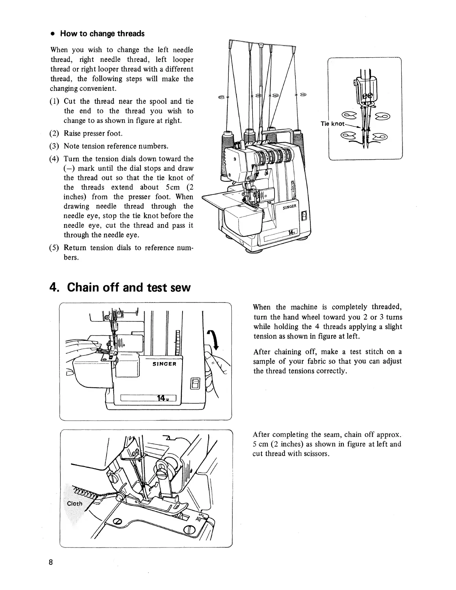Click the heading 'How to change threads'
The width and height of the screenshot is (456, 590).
pos(102,34)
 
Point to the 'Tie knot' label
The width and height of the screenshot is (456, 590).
pos(333,124)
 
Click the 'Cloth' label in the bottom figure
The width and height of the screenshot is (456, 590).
pos(74,504)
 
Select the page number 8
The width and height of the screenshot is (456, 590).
pos(50,562)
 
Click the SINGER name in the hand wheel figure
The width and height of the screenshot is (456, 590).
pos(164,364)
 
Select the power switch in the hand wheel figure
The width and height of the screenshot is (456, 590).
pos(196,383)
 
